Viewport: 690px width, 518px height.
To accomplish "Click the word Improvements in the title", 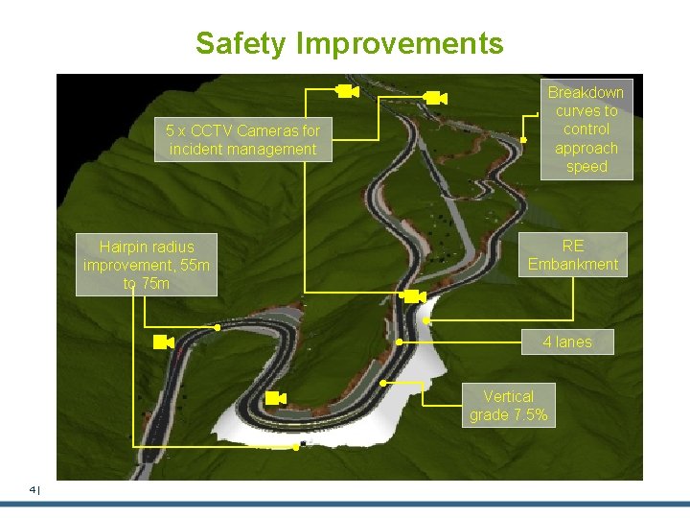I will pos(400,44).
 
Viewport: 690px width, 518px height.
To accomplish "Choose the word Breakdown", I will pos(586,92).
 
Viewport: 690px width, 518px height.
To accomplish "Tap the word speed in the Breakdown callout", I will pos(586,167).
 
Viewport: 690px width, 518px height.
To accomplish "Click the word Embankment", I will pos(573,264).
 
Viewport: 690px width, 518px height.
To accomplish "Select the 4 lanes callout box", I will pos(567,341).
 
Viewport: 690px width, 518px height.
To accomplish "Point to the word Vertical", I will pos(508,396).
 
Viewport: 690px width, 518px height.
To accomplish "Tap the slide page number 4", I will pos(33,489).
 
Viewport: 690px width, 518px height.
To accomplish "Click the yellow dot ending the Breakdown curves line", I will pos(523,139).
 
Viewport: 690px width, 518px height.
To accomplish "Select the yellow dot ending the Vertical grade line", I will pos(382,383).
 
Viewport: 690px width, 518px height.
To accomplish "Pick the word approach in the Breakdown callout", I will pos(586,149).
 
